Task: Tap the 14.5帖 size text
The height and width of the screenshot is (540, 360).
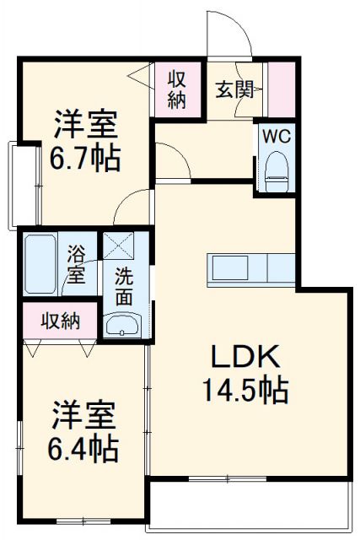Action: [244, 389]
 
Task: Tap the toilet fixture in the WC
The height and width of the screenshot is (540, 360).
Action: [275, 170]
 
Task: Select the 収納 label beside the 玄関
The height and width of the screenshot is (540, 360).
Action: [176, 89]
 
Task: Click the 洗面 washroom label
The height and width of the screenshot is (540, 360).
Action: [124, 285]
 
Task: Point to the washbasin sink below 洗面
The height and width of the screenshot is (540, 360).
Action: [123, 325]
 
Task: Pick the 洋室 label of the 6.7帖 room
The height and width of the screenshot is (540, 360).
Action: [84, 125]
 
